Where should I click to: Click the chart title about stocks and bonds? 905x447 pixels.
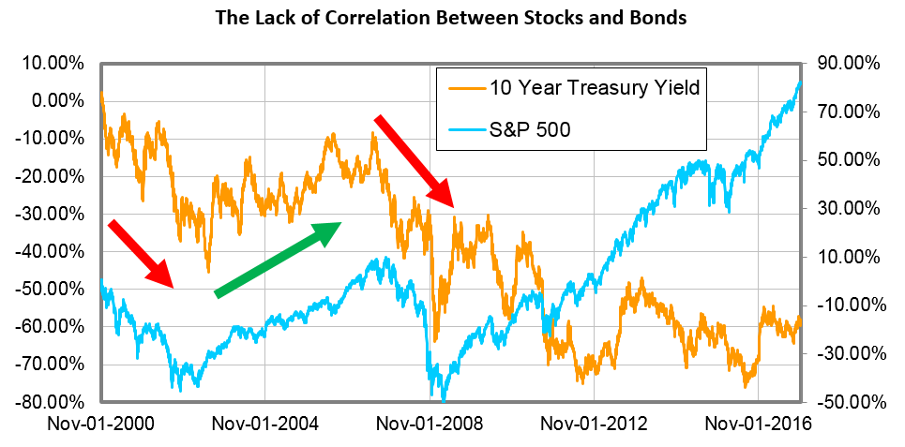click(x=451, y=18)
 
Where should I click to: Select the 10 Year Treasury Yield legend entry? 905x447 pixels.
click(x=595, y=88)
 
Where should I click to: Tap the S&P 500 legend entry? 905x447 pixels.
click(x=530, y=130)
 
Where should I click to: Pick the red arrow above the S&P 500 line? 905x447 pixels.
click(x=141, y=253)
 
